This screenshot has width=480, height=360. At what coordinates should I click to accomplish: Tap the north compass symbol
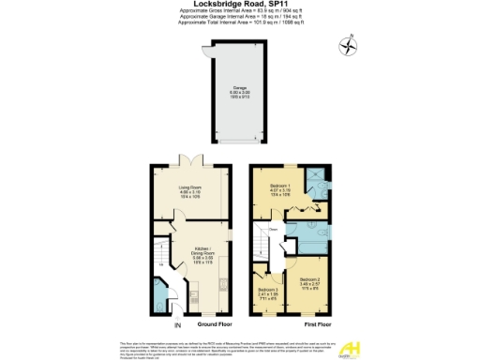pyautogui.click(x=351, y=44)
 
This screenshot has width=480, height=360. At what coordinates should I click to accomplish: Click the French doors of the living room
pyautogui.click(x=191, y=160)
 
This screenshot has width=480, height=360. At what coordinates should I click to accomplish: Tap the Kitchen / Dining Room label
pyautogui.click(x=203, y=255)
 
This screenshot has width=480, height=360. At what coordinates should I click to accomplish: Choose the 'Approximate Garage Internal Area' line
pyautogui.click(x=240, y=16)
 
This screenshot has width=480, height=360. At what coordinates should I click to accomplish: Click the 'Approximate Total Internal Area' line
pyautogui.click(x=240, y=22)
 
